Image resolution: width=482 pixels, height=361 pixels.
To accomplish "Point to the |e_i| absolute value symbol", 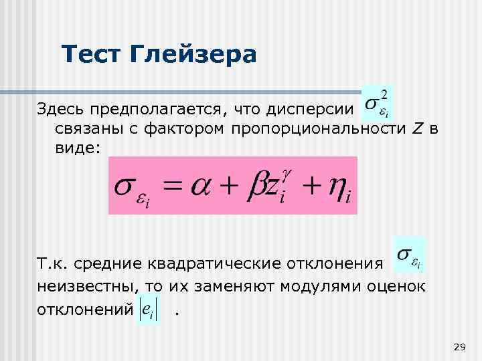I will (x=147, y=311).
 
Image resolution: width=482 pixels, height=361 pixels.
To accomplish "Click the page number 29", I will (x=459, y=346).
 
